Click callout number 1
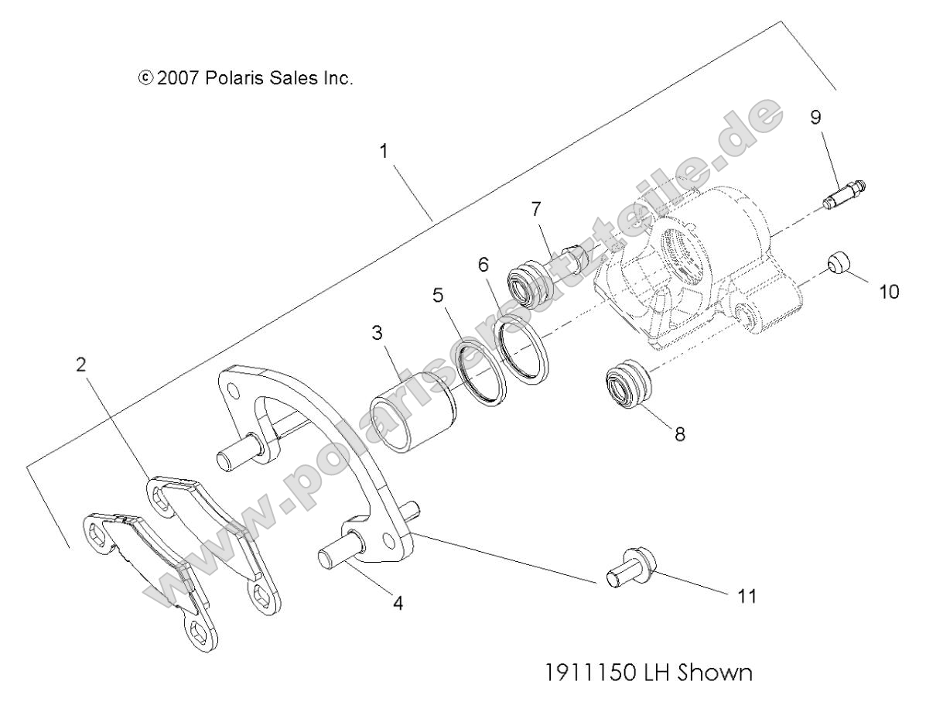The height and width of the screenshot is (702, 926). [x=383, y=151]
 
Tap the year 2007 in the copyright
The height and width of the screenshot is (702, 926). [x=180, y=79]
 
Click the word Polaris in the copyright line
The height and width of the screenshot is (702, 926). [x=236, y=79]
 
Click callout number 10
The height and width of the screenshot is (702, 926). [x=889, y=293]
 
